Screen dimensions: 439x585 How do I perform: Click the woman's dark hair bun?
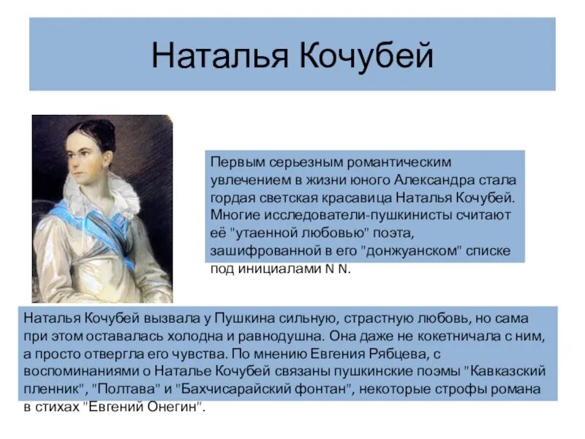[x=103, y=130]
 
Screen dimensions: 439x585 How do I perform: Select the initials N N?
[x=339, y=269]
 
